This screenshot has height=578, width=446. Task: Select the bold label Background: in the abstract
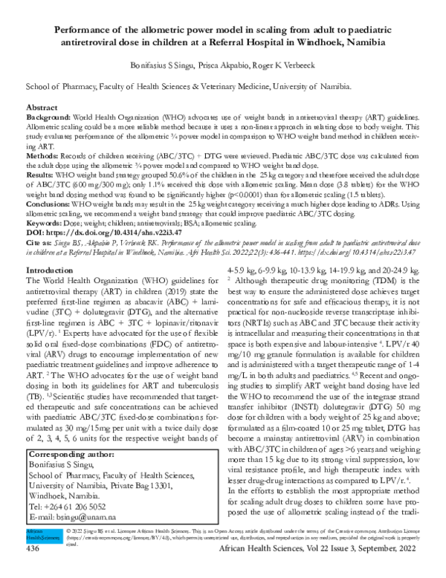(50, 118)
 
